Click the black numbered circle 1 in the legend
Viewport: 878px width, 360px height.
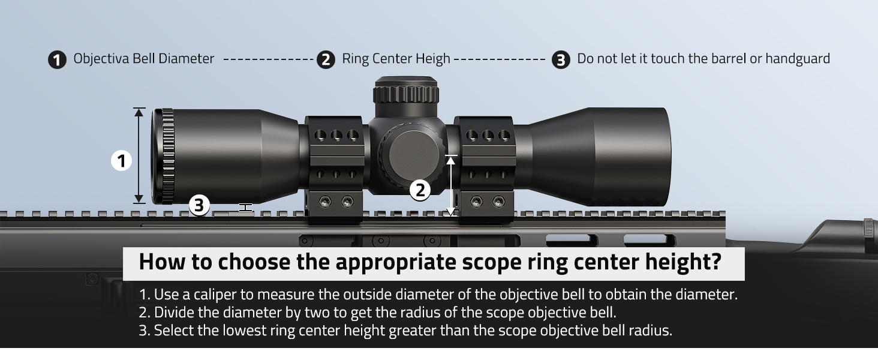(57, 60)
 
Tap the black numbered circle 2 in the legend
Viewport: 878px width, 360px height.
(325, 60)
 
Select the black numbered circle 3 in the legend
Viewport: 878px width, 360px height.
(561, 60)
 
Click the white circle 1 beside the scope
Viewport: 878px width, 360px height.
(122, 161)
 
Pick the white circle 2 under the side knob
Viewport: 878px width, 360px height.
(420, 190)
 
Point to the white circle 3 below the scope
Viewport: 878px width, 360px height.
(200, 206)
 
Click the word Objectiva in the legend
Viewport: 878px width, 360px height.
(98, 59)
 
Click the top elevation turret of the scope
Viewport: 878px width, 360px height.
(406, 91)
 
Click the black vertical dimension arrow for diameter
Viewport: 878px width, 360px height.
(139, 156)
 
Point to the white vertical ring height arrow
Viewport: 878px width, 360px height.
(452, 185)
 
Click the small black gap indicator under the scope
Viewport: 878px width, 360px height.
(245, 208)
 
